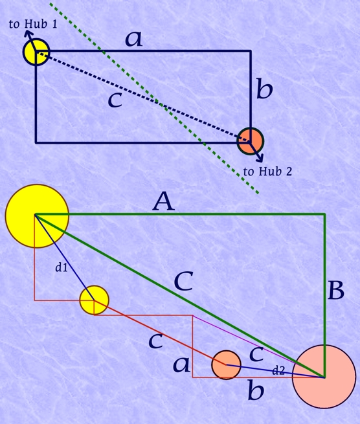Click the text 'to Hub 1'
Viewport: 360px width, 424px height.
(x=33, y=24)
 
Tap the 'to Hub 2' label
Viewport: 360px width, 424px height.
(x=267, y=172)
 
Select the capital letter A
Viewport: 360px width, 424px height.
(x=164, y=201)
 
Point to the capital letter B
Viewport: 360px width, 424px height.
(x=335, y=291)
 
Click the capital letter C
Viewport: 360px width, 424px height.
(x=184, y=281)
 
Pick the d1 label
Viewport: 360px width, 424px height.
(x=61, y=267)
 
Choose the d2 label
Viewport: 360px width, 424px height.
(x=278, y=370)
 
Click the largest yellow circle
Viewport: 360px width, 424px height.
(x=37, y=216)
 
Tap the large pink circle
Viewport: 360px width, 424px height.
(x=324, y=377)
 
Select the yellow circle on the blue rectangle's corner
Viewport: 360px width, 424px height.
(x=36, y=52)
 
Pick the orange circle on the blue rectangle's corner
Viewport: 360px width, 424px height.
(x=250, y=141)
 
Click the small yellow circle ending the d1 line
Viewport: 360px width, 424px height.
(x=94, y=300)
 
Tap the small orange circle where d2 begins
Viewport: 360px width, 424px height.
(x=226, y=365)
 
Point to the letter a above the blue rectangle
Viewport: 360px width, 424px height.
(x=134, y=39)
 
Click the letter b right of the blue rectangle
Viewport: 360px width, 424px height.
(x=264, y=89)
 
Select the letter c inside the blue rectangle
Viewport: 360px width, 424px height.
(x=115, y=100)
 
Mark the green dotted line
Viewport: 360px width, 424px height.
(x=155, y=98)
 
